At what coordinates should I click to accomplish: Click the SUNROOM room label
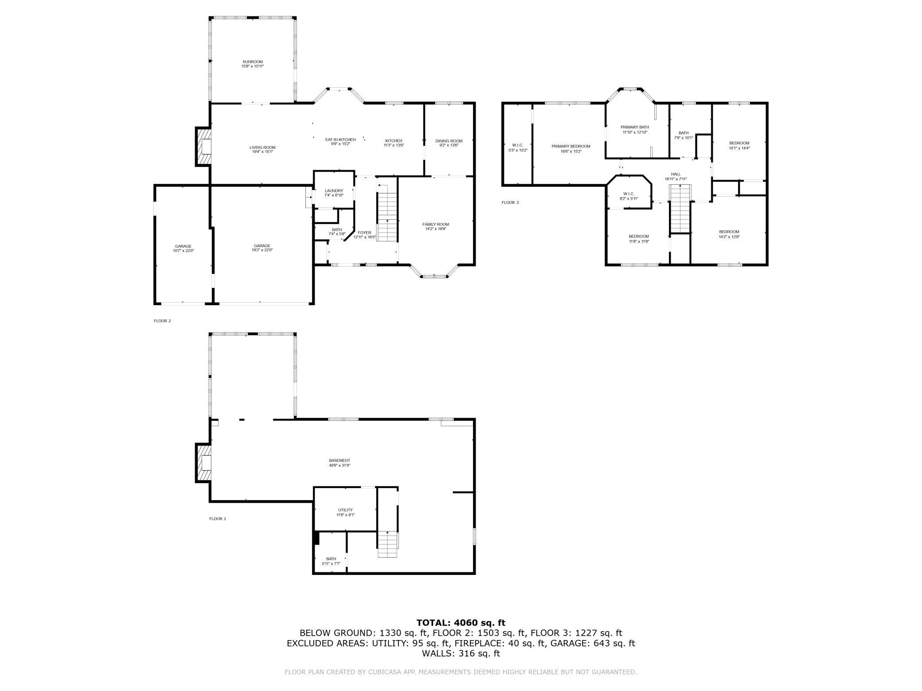(x=253, y=62)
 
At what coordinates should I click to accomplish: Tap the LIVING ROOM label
(x=262, y=148)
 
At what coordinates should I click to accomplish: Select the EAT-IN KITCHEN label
(x=340, y=140)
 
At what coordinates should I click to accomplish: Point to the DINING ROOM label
(x=449, y=141)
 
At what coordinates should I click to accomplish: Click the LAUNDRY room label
(x=334, y=191)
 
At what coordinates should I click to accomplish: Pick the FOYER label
(x=364, y=233)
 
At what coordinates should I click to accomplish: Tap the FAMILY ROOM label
(x=436, y=224)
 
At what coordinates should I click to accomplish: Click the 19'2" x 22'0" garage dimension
(x=262, y=250)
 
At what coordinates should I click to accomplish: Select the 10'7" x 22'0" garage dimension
(x=183, y=251)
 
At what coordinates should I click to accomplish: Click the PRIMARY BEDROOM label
(x=571, y=146)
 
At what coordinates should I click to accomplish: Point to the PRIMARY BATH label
(x=635, y=127)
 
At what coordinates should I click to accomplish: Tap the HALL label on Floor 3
(x=676, y=174)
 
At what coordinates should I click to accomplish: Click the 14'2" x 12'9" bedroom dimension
(x=729, y=237)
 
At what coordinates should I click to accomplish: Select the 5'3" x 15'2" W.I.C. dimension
(x=517, y=150)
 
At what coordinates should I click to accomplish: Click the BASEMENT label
(x=340, y=461)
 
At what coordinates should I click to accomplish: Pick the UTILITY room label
(x=345, y=510)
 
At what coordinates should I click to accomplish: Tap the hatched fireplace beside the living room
(x=203, y=147)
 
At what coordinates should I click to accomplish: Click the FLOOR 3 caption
(x=510, y=202)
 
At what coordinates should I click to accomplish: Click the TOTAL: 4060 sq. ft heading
(x=461, y=623)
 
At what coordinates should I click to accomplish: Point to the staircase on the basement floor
(x=388, y=544)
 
